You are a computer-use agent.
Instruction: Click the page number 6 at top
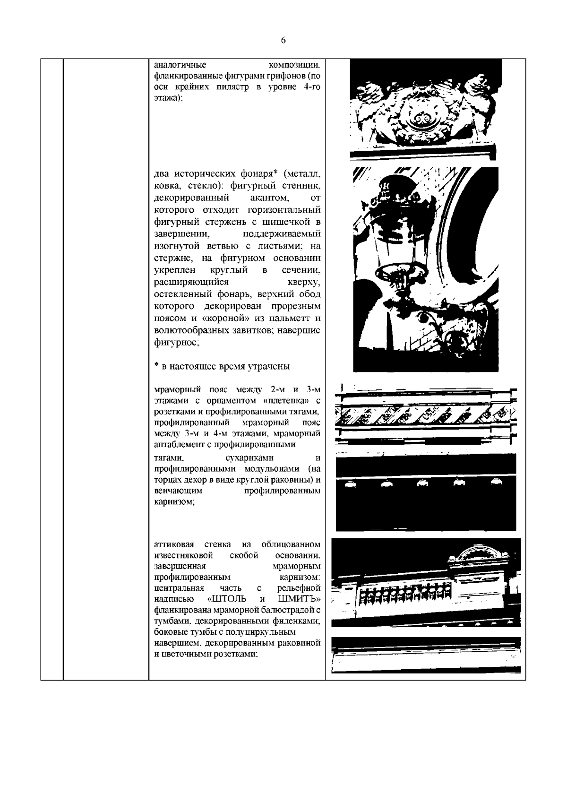283,41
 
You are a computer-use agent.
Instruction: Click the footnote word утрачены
269,367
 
